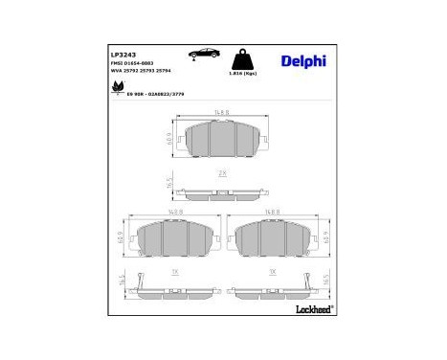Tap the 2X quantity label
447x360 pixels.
(222, 173)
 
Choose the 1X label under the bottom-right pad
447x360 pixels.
(274, 271)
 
